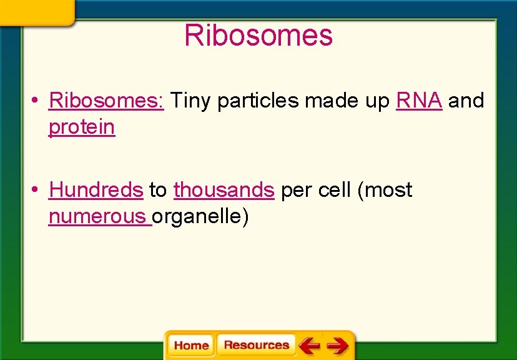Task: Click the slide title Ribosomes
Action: (x=258, y=36)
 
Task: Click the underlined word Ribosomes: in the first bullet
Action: (x=106, y=100)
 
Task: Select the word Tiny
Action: (x=190, y=100)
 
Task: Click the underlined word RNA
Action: (x=420, y=100)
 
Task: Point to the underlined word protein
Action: (x=82, y=127)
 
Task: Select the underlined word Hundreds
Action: (x=96, y=190)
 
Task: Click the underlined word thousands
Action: (x=224, y=190)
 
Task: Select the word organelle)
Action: (x=200, y=217)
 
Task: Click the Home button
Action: (x=191, y=345)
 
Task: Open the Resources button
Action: (x=256, y=345)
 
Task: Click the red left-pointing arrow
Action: (x=309, y=345)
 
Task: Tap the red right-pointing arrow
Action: (x=338, y=345)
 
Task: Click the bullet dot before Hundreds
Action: (x=38, y=190)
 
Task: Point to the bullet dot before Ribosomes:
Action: (x=38, y=101)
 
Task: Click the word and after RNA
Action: (x=466, y=100)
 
